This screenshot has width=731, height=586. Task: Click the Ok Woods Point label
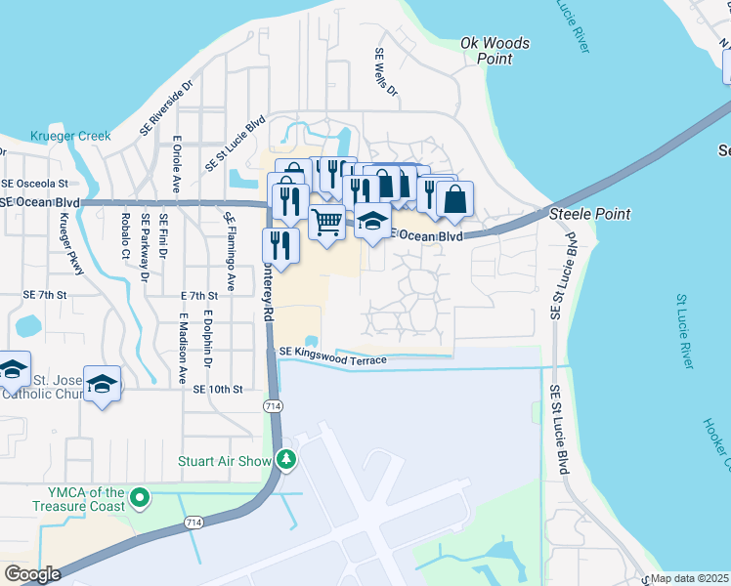coord(495,51)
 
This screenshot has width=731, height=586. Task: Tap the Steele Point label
coord(589,214)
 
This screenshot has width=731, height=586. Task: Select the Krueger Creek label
coord(70,136)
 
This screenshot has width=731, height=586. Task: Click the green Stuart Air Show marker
coord(286,458)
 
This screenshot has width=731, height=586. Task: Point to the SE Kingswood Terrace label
coord(332,356)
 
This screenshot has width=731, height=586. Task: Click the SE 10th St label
coord(217,389)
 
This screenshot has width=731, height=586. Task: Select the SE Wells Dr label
coord(386,73)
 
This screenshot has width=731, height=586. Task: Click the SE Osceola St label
coord(34,183)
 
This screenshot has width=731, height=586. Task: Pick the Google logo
coord(32,573)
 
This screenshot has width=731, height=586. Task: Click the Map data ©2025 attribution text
coord(690,578)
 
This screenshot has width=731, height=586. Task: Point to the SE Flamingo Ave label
coord(230,238)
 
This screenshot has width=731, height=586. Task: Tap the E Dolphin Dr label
coord(207,340)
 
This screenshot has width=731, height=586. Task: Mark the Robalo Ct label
coord(125,234)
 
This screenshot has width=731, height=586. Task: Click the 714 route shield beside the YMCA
coord(190,524)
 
